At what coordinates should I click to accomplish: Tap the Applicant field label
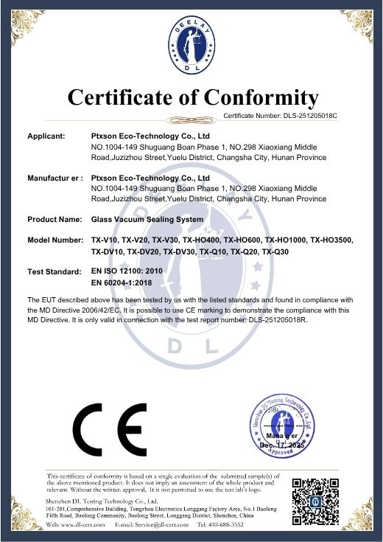pos(46,136)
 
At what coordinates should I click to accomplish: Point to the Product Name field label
pos(55,219)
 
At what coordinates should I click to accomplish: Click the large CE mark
pos(110,430)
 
